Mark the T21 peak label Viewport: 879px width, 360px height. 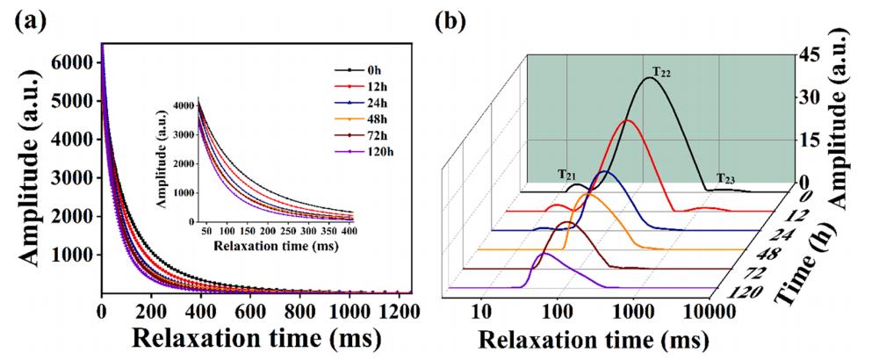[567, 175]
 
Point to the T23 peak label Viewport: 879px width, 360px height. [725, 178]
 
